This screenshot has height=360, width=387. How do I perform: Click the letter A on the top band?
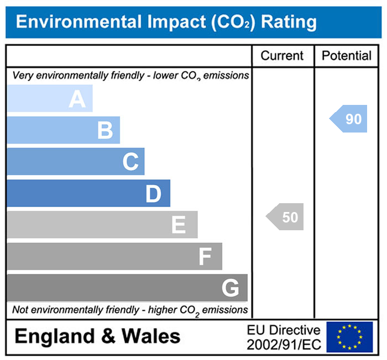[x=77, y=99]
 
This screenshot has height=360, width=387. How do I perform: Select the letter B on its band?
[x=105, y=131]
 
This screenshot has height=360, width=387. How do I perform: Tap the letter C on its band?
[x=130, y=162]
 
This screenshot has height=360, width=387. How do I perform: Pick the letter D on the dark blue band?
[x=153, y=194]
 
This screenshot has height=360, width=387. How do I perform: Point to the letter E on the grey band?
[x=178, y=225]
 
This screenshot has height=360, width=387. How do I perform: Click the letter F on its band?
[x=205, y=257]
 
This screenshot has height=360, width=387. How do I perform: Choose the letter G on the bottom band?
[x=230, y=288]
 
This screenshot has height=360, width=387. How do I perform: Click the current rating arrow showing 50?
[x=286, y=217]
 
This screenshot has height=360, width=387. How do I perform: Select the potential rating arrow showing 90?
[x=349, y=119]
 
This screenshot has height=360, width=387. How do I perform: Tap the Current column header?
[x=282, y=56]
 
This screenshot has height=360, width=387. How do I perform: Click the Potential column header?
[x=347, y=56]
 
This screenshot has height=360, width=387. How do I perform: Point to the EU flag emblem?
[x=349, y=337]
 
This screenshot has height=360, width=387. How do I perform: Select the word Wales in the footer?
[x=151, y=336]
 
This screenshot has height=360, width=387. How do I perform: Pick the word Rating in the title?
[x=289, y=22]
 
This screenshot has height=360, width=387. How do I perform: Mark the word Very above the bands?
[x=22, y=76]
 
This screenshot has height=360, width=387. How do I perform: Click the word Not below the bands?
[x=20, y=310]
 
